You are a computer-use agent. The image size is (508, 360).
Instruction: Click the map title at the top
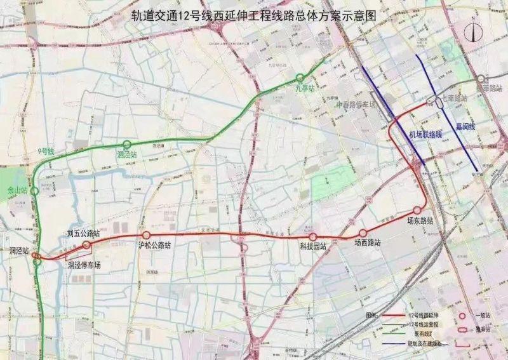[x=254, y=13]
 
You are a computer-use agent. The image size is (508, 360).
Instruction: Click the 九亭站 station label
[x=305, y=89]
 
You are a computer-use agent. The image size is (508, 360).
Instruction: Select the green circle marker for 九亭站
[x=302, y=79]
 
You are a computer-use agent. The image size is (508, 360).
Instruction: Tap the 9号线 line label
[x=46, y=152]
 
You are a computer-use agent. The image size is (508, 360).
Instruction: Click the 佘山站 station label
[x=17, y=190]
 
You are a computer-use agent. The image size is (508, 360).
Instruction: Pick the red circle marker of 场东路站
[x=417, y=210]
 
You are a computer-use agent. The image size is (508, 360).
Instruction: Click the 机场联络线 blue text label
[x=425, y=134]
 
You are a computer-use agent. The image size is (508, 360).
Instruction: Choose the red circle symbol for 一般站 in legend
[x=462, y=315]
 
